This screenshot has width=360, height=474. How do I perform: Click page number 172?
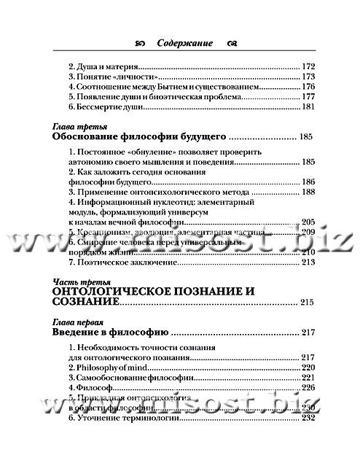[x=308, y=66]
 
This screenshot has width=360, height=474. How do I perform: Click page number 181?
[x=308, y=107]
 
